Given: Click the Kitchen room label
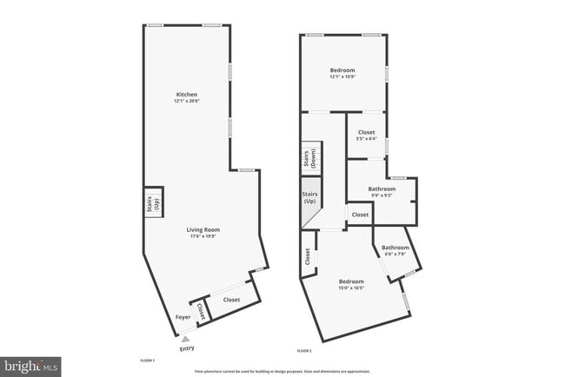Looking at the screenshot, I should click(186, 94).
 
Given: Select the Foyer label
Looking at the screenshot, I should click(183, 317).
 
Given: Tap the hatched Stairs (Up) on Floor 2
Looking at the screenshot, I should click(309, 205).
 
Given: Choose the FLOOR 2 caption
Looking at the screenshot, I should click(303, 350).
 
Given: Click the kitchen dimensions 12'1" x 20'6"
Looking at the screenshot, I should click(186, 102).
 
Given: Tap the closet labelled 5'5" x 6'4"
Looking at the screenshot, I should click(366, 136).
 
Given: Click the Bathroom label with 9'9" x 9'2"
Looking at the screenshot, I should click(381, 191).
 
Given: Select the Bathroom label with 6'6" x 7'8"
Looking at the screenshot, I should click(395, 250).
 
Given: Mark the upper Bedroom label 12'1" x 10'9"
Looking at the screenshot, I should click(342, 72).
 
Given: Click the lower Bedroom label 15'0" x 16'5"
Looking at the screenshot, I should click(350, 284).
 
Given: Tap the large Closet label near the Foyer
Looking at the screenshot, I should click(231, 300).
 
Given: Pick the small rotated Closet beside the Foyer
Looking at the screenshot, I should click(201, 309).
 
